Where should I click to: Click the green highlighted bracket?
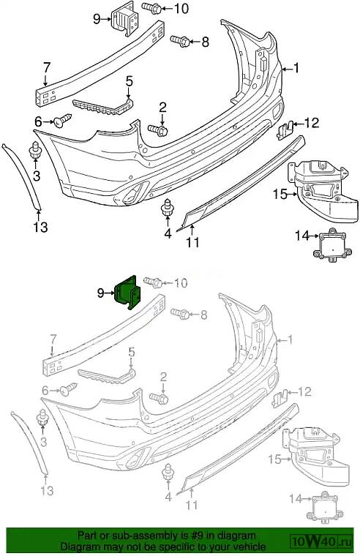[128, 293]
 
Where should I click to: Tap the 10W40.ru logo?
[322, 541]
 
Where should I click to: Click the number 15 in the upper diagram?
[280, 195]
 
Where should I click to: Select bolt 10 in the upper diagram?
[152, 8]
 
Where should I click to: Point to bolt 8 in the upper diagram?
[180, 41]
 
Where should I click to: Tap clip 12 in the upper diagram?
[285, 130]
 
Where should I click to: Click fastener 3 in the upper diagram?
[35, 151]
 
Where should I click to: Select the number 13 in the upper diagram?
[40, 228]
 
